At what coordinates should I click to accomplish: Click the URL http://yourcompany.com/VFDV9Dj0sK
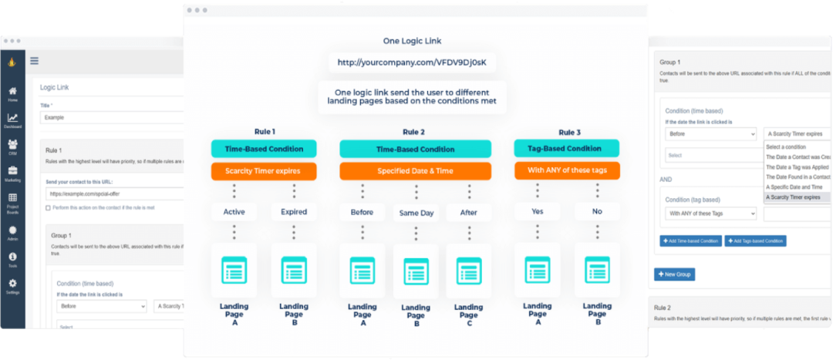(412, 62)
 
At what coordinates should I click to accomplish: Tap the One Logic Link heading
(412, 41)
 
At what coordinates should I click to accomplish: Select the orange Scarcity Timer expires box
(264, 171)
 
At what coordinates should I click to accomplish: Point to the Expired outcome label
(294, 211)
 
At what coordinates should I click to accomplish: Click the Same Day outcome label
(416, 213)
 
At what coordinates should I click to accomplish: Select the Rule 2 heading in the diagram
(413, 132)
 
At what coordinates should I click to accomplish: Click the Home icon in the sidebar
(12, 92)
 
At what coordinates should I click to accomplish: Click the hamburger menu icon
(35, 61)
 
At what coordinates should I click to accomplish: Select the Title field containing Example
(112, 118)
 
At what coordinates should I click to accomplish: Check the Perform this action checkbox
(48, 208)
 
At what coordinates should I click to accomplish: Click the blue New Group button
(674, 274)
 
